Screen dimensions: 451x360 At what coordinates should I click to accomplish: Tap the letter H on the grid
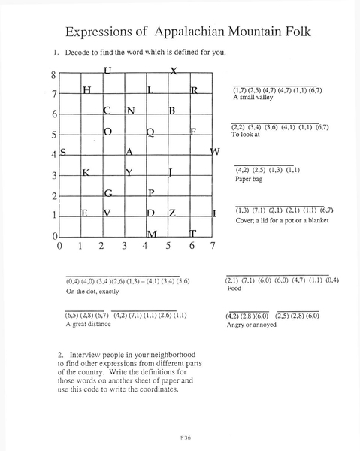[86, 91]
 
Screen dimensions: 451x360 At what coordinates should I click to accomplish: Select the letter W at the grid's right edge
[215, 153]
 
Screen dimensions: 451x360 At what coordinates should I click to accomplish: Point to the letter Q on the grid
[150, 132]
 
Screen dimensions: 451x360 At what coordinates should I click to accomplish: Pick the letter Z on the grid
[172, 214]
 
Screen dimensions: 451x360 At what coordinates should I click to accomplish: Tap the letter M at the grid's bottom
[151, 235]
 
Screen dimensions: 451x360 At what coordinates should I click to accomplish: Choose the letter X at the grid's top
[174, 71]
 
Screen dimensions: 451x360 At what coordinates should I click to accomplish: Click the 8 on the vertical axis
[53, 75]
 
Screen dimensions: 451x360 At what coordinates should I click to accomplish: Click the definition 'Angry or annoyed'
[253, 325]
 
